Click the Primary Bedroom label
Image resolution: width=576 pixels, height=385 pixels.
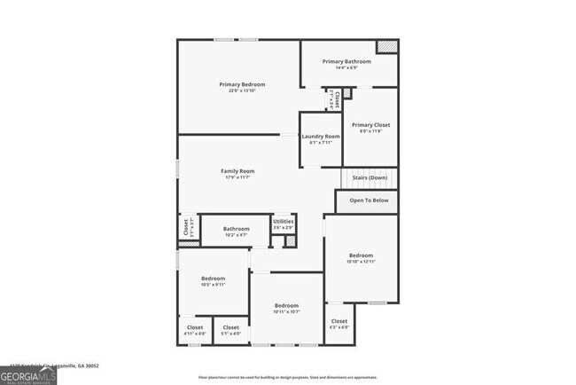tap(242, 84)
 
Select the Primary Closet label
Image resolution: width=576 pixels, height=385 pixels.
tap(370, 125)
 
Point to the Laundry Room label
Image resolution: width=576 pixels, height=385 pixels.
tap(321, 137)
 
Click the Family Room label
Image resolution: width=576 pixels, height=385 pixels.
tap(237, 170)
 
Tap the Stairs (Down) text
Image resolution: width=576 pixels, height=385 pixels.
tap(370, 177)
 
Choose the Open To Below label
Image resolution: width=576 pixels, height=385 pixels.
tap(369, 200)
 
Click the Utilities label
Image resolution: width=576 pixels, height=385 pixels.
tap(284, 222)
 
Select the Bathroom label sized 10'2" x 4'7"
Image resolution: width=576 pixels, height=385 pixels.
tap(237, 229)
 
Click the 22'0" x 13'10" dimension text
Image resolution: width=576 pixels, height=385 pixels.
tap(242, 90)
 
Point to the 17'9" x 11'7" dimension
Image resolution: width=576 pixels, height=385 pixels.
tap(237, 177)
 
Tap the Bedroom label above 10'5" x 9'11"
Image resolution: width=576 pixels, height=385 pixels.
tap(214, 279)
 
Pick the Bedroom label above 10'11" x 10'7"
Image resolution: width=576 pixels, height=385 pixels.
tap(286, 305)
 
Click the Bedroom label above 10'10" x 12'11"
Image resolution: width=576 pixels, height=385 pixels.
tap(362, 255)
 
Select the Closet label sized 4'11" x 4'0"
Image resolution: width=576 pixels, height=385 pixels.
tap(195, 327)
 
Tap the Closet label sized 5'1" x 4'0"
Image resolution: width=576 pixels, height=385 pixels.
tap(230, 327)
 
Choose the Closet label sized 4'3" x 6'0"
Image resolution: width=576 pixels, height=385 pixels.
tap(339, 321)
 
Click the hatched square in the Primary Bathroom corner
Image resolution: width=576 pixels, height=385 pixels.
tap(385, 47)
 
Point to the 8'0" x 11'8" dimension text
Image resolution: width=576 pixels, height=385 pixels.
tap(370, 132)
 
